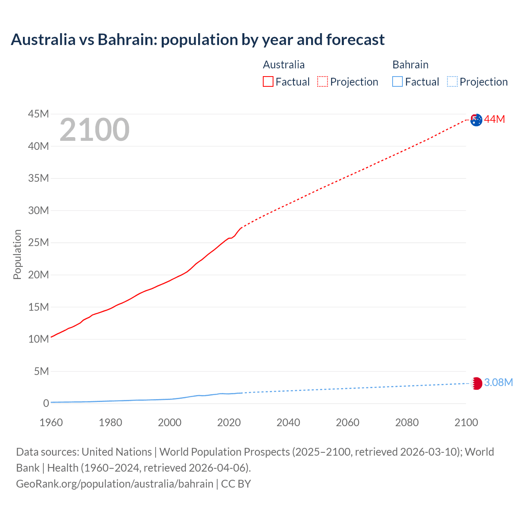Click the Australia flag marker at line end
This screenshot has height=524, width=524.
476,120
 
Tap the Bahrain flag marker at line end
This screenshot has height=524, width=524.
476,383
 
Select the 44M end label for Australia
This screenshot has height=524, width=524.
495,119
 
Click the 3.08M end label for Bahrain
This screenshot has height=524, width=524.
498,382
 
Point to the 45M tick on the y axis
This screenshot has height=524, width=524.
38,114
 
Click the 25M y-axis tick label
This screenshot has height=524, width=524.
38,242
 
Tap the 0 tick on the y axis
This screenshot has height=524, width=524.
46,403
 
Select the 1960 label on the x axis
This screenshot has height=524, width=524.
51,422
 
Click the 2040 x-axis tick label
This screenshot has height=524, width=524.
288,422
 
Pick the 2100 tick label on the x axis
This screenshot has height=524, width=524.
466,422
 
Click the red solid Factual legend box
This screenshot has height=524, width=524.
268,82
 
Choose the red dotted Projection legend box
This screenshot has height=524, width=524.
323,82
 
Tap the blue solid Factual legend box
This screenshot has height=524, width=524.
398,82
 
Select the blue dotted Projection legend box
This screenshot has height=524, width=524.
452,82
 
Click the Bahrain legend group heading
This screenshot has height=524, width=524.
410,65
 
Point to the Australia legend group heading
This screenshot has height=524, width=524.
284,65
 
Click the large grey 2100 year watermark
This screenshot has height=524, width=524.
95,130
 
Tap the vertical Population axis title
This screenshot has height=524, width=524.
17,254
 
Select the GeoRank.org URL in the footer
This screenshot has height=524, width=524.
115,483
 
